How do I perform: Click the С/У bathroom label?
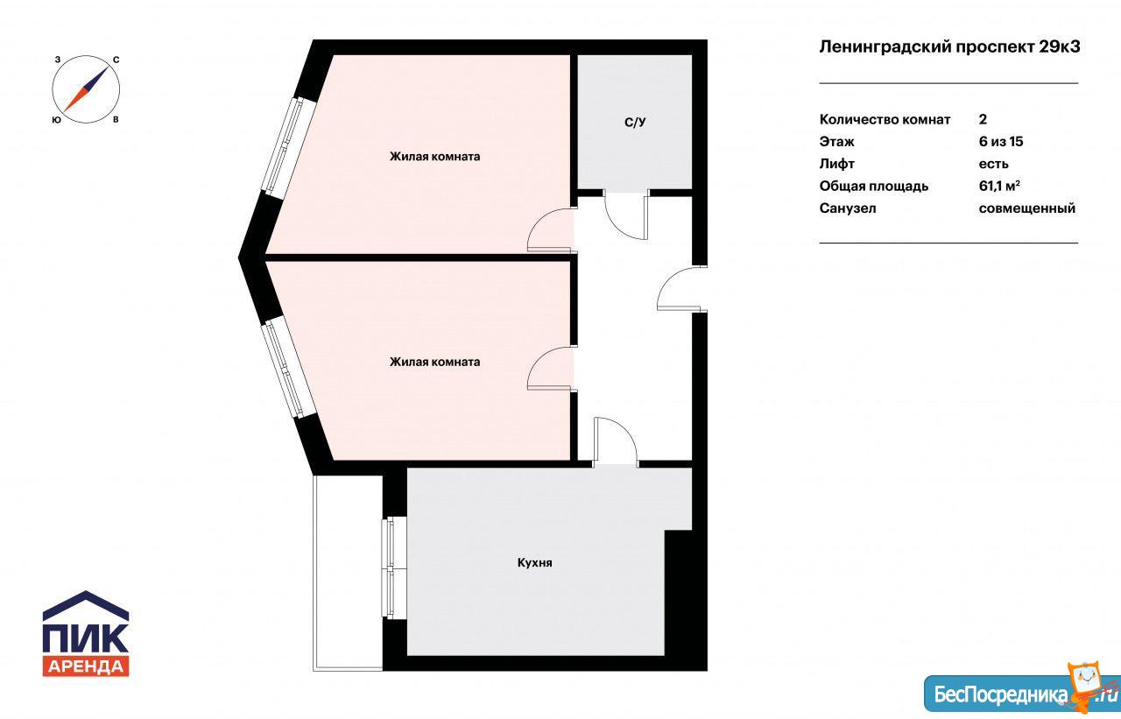tap(635, 122)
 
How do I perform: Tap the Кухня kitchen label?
tap(534, 562)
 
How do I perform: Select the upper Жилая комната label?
tap(435, 156)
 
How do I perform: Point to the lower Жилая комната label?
tap(435, 361)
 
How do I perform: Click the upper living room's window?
tap(289, 146)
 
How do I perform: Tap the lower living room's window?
tap(289, 368)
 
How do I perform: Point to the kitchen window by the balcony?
tap(394, 567)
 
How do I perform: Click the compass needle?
tap(86, 89)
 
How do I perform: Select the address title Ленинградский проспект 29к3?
tap(949, 46)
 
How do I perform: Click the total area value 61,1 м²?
tap(999, 186)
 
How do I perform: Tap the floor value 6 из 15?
tap(1001, 141)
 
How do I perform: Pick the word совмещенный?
tap(1027, 208)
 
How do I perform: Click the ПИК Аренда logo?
tap(86, 633)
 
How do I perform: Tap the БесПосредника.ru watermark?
tap(1021, 693)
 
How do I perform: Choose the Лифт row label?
tap(836, 164)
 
